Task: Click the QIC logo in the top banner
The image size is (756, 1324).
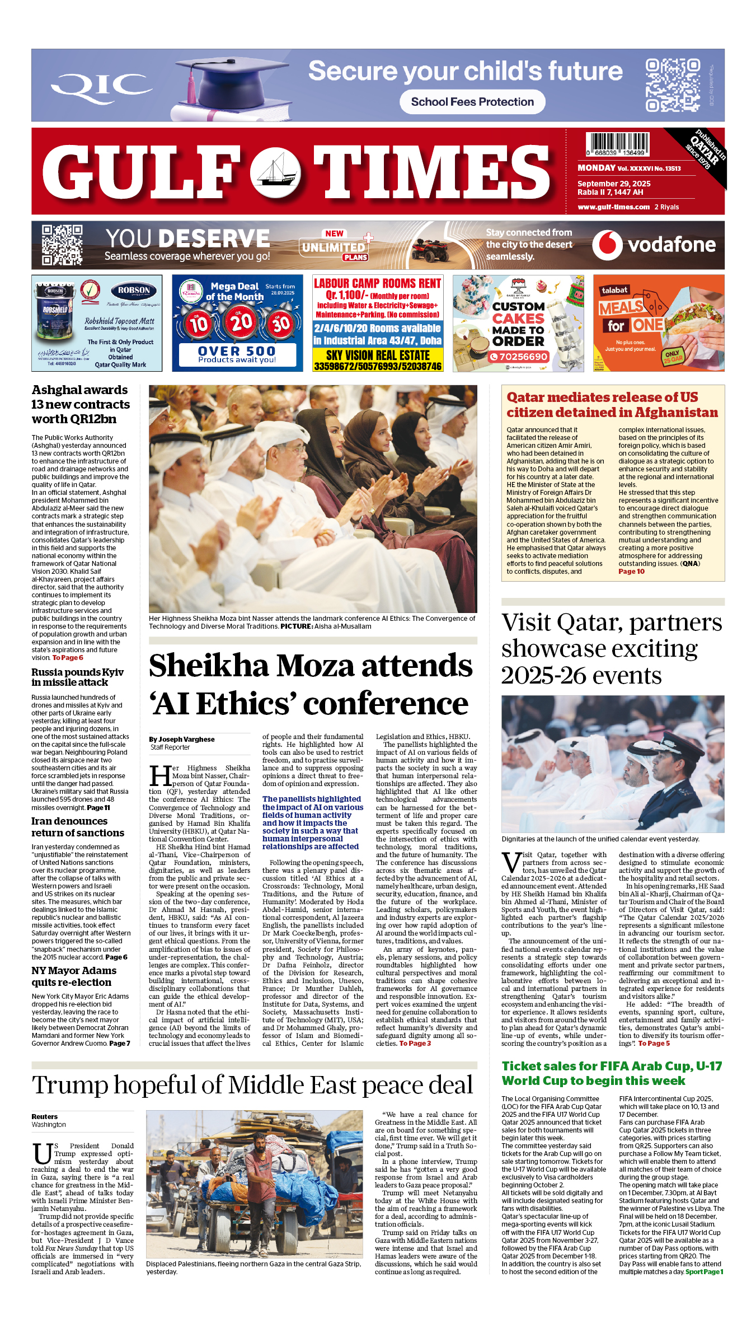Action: point(101,86)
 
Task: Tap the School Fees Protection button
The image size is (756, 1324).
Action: point(472,102)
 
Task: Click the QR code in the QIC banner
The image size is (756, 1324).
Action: point(673,85)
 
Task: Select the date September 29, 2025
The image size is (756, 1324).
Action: point(614,184)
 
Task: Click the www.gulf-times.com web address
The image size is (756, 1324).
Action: point(614,207)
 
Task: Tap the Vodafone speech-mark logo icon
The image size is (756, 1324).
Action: point(607,245)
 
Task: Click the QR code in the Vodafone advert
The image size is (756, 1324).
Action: point(62,245)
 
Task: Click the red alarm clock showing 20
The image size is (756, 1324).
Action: point(241,322)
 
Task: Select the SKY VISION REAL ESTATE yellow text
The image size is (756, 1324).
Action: point(378,355)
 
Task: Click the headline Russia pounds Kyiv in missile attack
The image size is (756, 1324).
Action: point(77,677)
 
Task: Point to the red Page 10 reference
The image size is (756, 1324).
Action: point(631,572)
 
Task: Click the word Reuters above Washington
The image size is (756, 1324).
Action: point(45,1116)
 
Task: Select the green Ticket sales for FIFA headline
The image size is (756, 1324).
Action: point(612,1073)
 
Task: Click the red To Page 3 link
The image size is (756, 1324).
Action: point(415,1044)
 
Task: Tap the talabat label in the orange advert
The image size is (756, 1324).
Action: point(614,290)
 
